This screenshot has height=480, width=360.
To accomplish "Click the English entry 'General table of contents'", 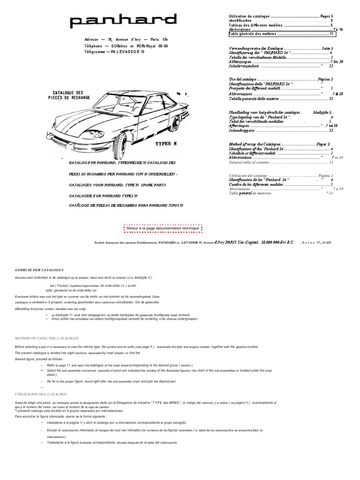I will (249, 162).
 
